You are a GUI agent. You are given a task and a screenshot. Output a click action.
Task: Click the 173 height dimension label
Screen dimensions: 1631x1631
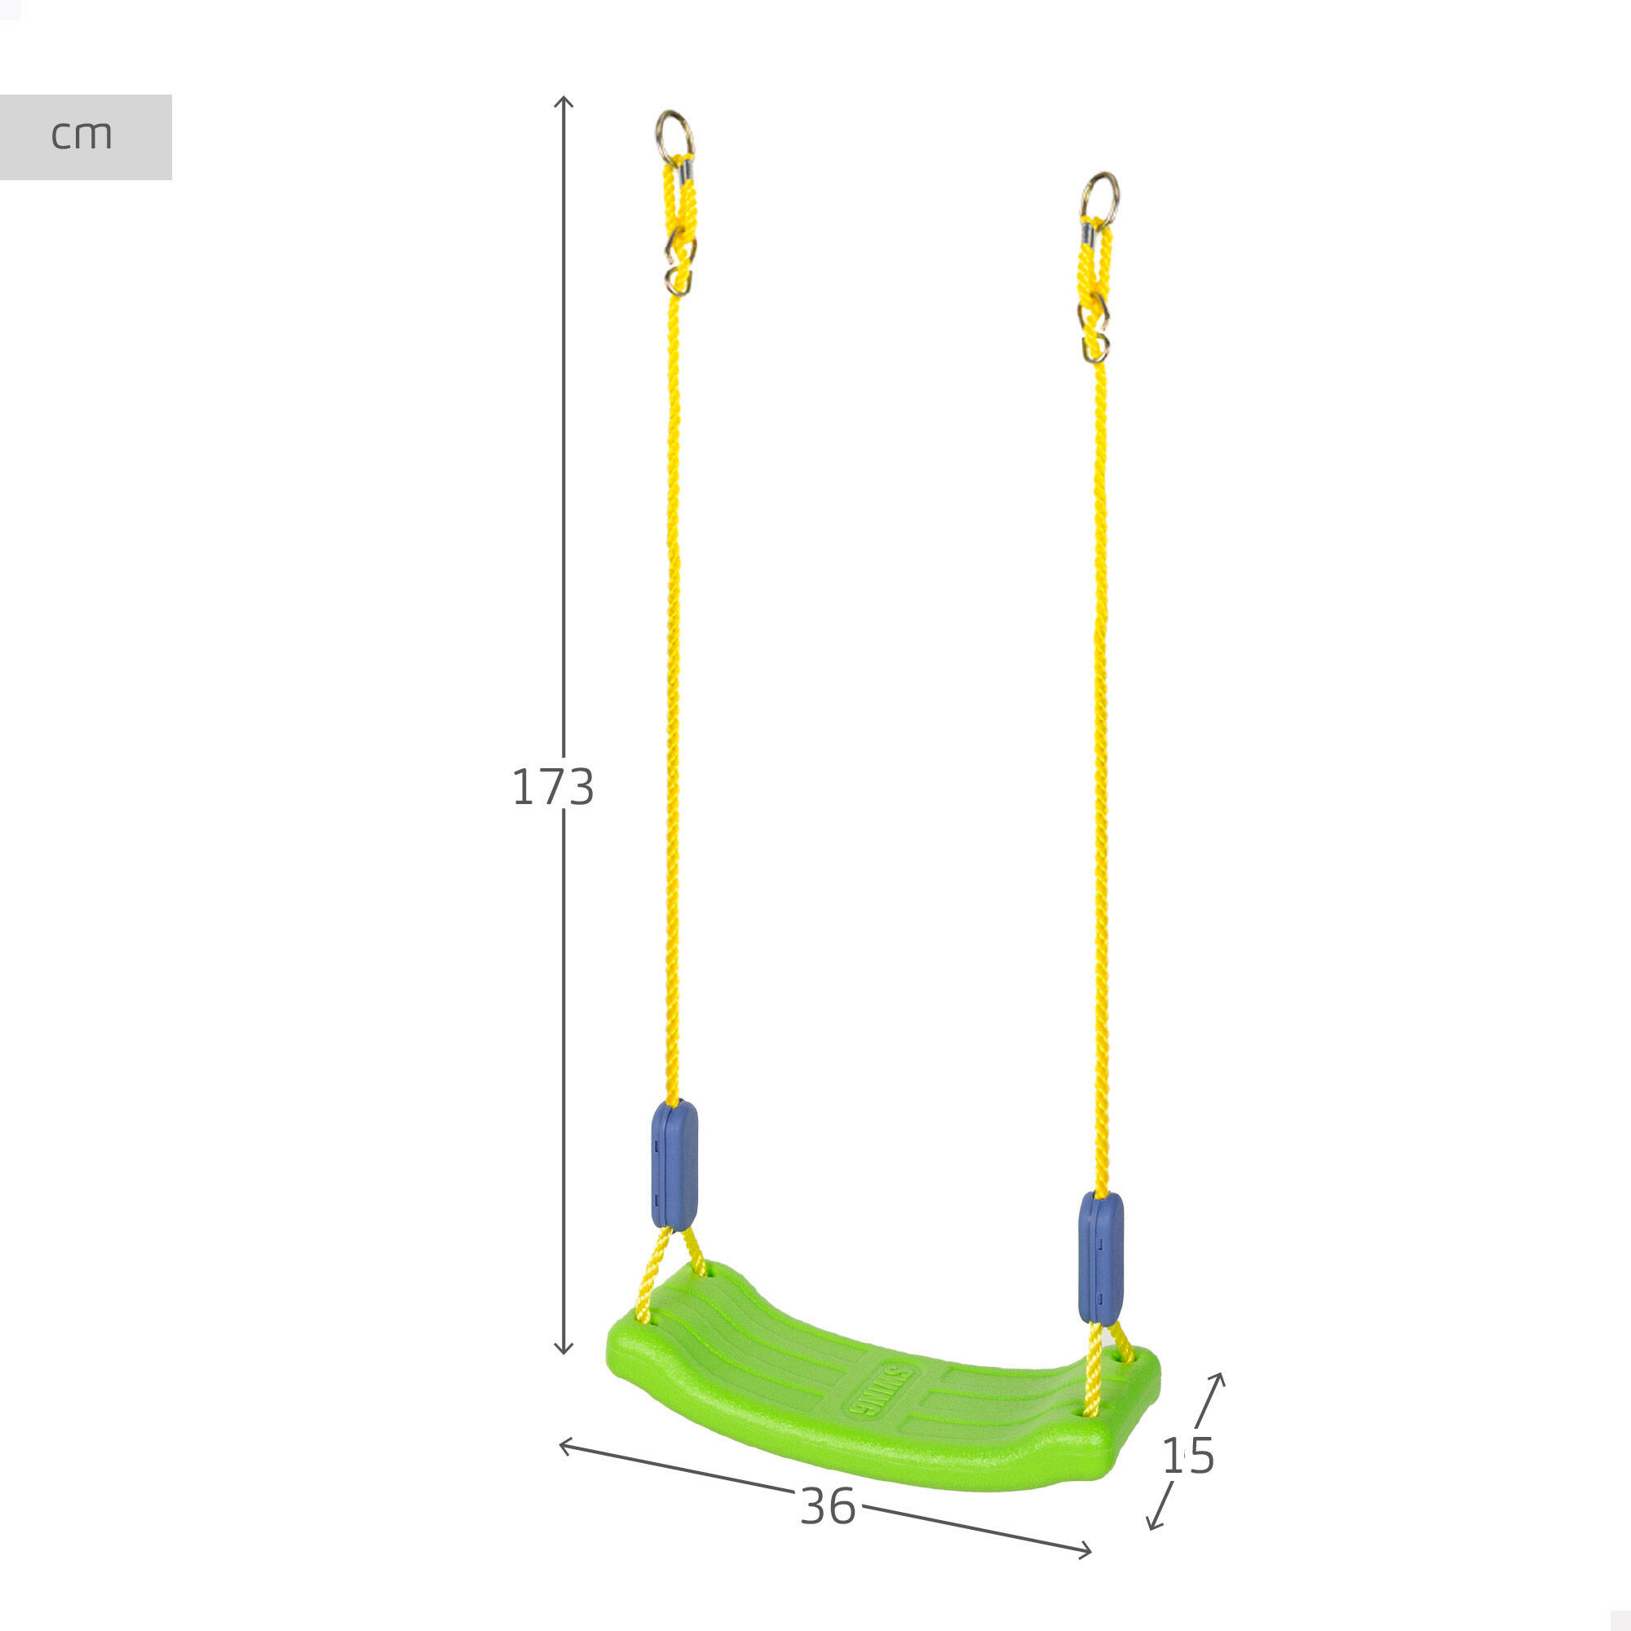pyautogui.click(x=553, y=787)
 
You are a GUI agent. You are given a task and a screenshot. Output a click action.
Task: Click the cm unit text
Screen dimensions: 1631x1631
pyautogui.click(x=81, y=135)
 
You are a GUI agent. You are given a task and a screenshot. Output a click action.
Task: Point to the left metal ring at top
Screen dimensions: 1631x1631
pyautogui.click(x=675, y=136)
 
